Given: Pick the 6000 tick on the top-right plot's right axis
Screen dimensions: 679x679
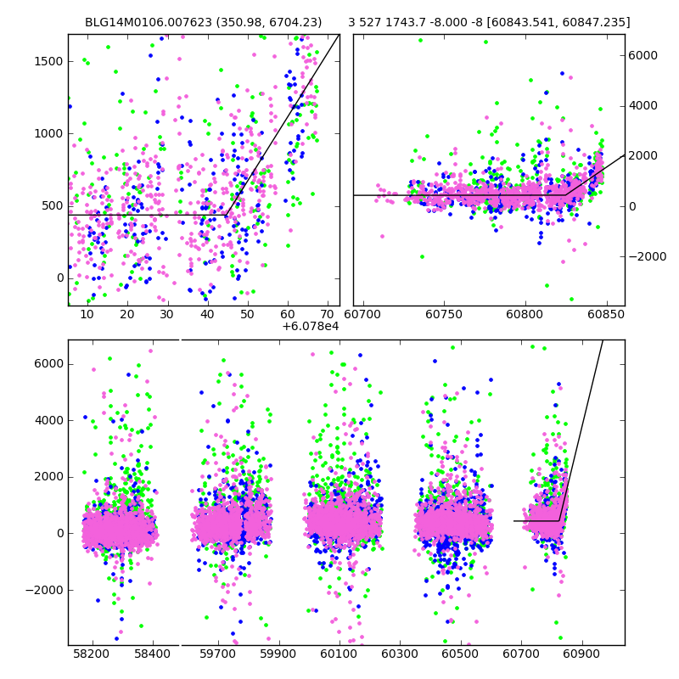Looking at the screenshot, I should [643, 55].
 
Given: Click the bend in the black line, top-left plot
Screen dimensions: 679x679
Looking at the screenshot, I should [226, 215].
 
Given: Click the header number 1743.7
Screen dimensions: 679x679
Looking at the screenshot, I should [402, 23].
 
